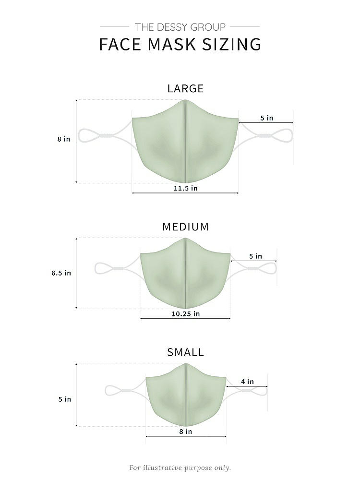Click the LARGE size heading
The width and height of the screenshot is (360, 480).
[x=185, y=88]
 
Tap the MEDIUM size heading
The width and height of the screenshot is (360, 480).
[x=185, y=227]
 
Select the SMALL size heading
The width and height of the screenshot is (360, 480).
[x=185, y=352]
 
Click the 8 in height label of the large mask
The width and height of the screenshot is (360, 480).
[x=64, y=139]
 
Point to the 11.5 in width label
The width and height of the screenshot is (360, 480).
[x=185, y=188]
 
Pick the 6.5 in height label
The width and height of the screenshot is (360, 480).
[x=61, y=273]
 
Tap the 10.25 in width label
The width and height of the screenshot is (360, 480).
[x=185, y=314]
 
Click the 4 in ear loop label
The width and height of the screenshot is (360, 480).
[x=247, y=382]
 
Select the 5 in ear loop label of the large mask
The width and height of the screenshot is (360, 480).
[x=266, y=118]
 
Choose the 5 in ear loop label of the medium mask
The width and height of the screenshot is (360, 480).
[x=256, y=256]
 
